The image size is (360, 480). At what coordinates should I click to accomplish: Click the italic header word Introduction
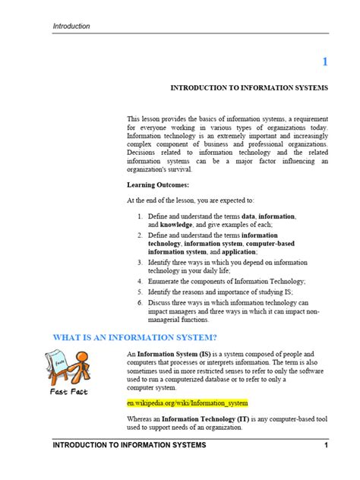71,26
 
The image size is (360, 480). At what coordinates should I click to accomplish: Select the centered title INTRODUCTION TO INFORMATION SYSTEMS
249,88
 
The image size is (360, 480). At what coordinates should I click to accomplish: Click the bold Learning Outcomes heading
158,185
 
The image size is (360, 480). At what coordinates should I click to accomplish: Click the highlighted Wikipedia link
188,403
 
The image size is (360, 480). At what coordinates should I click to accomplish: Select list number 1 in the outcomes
141,216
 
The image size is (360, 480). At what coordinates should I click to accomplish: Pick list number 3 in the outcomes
141,261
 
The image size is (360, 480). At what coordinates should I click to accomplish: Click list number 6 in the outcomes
141,302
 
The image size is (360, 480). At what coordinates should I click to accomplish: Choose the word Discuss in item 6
162,302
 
